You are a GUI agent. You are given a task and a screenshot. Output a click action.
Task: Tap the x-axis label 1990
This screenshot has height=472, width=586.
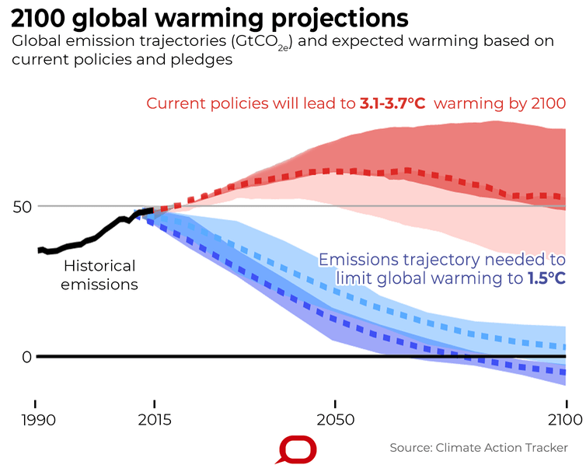[x=35, y=420]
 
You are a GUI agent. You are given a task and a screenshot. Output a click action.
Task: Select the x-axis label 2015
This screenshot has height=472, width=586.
[x=155, y=420]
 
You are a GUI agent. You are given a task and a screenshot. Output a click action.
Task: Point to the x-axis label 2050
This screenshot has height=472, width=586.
[x=334, y=420]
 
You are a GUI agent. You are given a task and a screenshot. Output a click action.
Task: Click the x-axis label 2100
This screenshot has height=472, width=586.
[x=565, y=420]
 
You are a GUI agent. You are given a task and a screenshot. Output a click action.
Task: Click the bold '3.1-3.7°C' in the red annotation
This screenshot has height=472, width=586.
[x=392, y=103]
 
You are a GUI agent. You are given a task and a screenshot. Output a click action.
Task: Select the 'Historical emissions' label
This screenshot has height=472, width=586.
[x=100, y=275]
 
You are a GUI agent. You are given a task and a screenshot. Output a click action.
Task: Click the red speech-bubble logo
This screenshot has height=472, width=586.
[x=298, y=449]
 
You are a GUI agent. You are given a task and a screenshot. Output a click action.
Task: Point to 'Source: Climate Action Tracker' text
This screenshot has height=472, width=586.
[x=478, y=448]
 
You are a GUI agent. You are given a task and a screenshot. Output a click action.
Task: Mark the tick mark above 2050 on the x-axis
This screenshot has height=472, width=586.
[x=334, y=404]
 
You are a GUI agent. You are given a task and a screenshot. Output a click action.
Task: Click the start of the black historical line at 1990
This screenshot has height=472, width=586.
[x=39, y=250]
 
